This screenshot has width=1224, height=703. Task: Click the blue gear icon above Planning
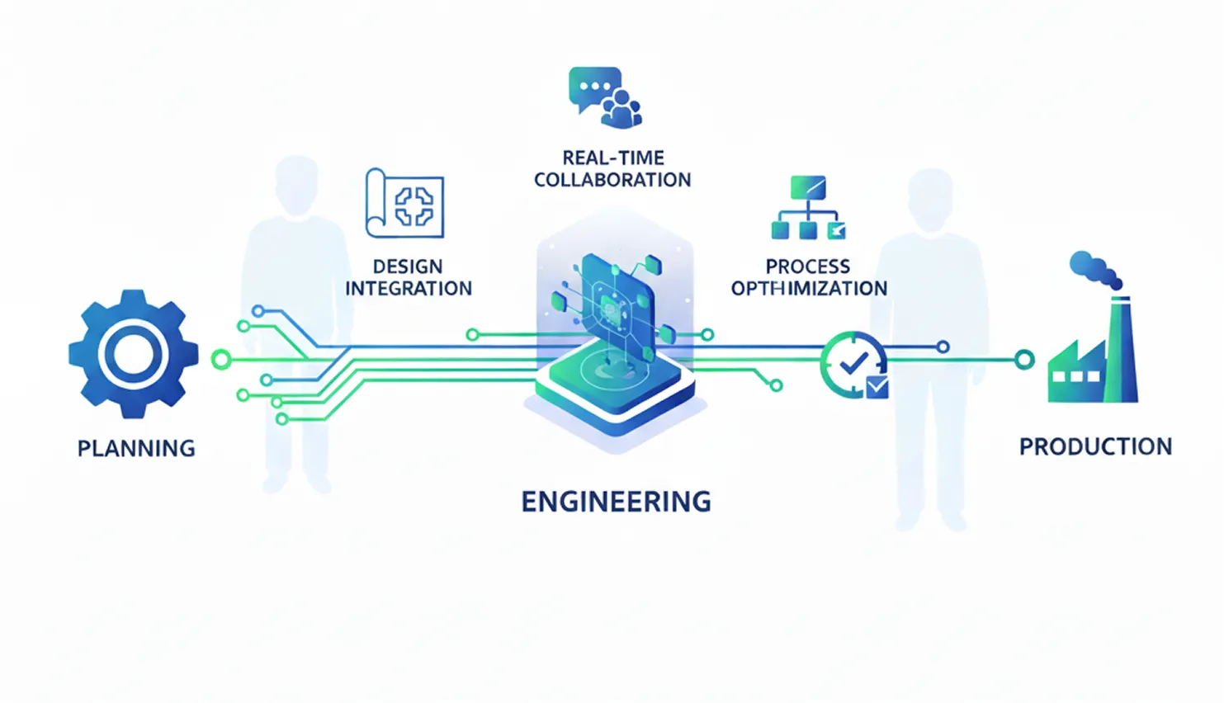click(133, 354)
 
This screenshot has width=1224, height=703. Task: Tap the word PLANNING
click(136, 448)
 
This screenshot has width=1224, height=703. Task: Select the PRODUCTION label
click(1095, 446)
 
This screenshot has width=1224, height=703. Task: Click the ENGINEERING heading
click(616, 502)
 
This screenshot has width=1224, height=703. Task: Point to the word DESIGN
click(408, 267)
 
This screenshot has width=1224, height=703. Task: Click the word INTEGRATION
click(409, 289)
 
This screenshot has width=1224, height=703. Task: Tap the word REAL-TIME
click(613, 158)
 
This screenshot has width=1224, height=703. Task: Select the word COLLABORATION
click(612, 180)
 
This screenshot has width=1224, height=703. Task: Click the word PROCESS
click(807, 267)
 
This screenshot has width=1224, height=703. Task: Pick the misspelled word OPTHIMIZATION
click(809, 289)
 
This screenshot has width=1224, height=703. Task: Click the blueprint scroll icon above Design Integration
click(404, 204)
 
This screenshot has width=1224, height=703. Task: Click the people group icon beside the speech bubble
click(622, 109)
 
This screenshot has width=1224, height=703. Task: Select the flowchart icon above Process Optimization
click(808, 207)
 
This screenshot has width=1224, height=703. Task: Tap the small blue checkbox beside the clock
click(877, 386)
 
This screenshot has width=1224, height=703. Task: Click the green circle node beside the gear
click(221, 359)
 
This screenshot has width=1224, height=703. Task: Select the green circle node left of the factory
click(1024, 360)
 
